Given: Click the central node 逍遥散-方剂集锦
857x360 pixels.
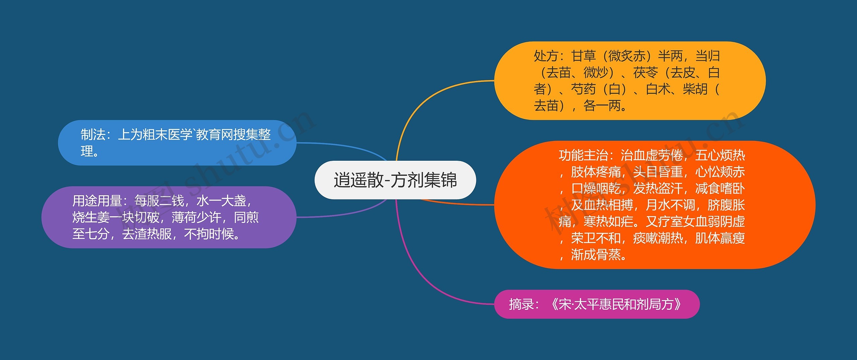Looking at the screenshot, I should coord(395,180).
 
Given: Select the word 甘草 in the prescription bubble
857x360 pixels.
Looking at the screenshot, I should coord(583,56).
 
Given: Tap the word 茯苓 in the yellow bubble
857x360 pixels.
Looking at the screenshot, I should coord(645,73).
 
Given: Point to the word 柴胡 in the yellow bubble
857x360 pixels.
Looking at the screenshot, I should coord(695,89).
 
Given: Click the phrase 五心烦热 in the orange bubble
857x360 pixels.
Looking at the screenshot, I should coord(720,155).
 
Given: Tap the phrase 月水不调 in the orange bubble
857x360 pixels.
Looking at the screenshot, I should coord(670,205).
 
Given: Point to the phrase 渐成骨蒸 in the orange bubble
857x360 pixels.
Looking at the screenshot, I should coord(596,255).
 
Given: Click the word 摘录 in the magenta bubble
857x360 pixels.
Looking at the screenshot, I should coord(521,304).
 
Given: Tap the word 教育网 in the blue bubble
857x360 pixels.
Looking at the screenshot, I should coord(214,135).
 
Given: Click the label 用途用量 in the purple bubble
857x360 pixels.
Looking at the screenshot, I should coord(97,201).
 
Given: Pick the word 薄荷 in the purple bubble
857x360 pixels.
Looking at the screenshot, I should coord(184,218).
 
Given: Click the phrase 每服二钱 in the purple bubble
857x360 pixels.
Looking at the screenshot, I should coord(159,201).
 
